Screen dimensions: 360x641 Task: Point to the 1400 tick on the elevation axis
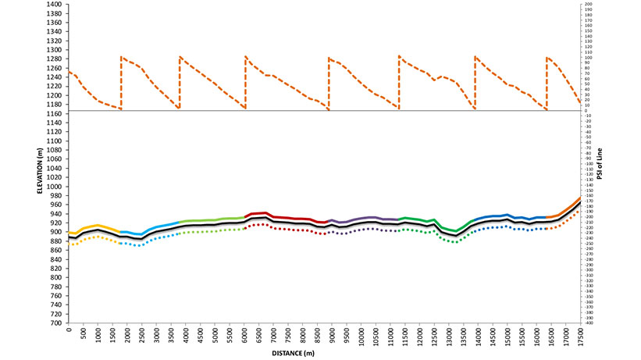click(x=55, y=5)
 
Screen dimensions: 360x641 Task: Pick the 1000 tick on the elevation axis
click(x=55, y=187)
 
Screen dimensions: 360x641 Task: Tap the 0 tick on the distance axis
click(x=69, y=331)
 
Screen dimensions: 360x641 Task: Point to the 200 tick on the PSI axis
click(x=589, y=5)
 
